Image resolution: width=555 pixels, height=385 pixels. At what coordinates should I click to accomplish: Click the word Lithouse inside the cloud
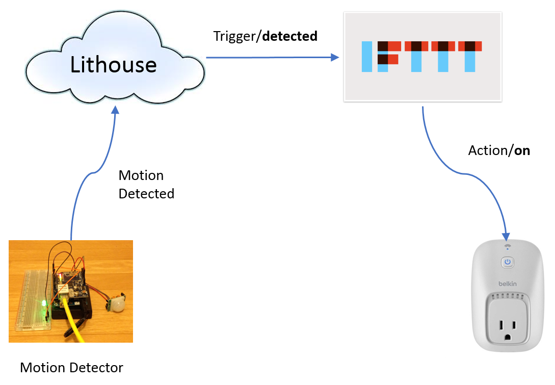pos(113,65)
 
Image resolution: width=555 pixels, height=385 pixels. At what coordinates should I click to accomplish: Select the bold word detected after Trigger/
pos(289,36)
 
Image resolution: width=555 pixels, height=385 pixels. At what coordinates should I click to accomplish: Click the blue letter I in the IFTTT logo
pos(366,56)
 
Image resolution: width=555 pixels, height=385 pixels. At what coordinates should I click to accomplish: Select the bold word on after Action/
pos(522,151)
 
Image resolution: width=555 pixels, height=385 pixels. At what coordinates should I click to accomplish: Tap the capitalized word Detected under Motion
pos(146,194)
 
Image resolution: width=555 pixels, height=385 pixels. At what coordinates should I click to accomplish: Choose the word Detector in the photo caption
pos(99,367)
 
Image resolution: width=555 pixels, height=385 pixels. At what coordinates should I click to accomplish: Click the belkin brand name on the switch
pos(507,283)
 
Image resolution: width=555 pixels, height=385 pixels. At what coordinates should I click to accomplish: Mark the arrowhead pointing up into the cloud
pos(116,110)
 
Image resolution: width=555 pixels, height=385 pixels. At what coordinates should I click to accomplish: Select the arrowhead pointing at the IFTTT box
pos(335,58)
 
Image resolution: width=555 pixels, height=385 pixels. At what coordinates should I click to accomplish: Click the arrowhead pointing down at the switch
pos(506,236)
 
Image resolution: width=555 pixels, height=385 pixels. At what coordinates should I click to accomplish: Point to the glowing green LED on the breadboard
pos(45,304)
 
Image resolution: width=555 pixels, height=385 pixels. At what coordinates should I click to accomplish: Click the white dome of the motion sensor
pos(119,305)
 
